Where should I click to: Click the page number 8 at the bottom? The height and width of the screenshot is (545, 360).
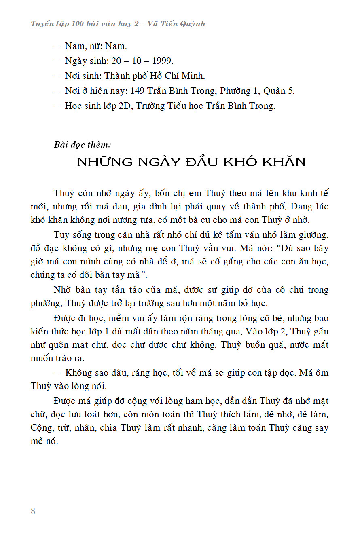[x=33, y=511]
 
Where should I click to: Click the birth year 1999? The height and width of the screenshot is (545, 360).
[x=162, y=61]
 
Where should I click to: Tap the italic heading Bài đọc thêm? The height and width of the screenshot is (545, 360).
[x=82, y=144]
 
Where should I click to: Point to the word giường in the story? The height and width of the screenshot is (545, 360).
[x=313, y=235]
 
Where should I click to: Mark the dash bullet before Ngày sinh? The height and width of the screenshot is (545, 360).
[x=57, y=61]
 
